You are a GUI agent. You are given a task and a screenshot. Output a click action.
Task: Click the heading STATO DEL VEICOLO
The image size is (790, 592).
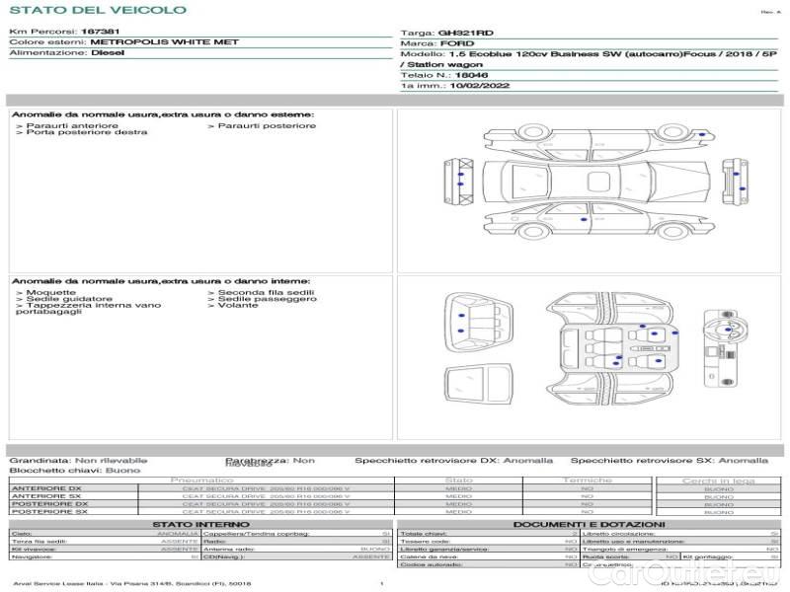(97, 10)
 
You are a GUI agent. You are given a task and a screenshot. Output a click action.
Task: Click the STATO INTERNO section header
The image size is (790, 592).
(200, 524)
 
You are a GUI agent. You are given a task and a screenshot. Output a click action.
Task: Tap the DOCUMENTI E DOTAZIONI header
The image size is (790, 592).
(589, 524)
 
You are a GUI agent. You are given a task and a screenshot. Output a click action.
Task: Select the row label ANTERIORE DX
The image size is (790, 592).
(46, 489)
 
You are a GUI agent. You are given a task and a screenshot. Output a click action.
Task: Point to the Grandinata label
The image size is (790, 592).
(39, 460)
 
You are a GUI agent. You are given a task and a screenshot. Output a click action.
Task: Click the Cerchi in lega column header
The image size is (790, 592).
(718, 481)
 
